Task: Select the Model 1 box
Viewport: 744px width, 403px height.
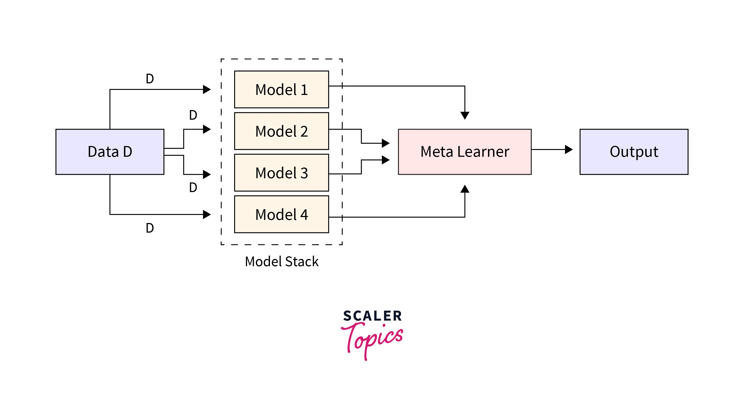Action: (281, 89)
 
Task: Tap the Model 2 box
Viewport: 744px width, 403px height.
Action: (281, 131)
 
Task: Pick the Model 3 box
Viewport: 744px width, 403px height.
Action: (281, 173)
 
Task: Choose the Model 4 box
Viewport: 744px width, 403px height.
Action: (281, 214)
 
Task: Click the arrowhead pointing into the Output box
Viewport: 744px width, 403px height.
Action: (569, 150)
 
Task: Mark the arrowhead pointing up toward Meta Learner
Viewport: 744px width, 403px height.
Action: (465, 189)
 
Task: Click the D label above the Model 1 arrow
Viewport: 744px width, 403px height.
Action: (150, 79)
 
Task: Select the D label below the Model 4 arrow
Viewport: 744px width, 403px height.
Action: (150, 228)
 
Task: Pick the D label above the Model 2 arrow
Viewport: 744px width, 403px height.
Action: (193, 115)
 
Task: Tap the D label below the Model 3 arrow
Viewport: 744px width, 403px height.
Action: (193, 187)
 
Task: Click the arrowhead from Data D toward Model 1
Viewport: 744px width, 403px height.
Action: (207, 89)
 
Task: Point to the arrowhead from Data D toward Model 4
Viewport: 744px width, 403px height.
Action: (207, 214)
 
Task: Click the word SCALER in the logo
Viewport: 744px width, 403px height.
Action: (372, 316)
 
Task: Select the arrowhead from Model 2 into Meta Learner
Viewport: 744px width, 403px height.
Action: (385, 143)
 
